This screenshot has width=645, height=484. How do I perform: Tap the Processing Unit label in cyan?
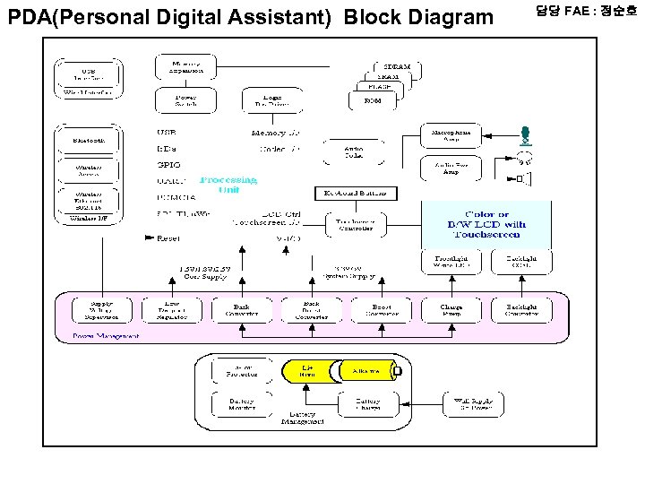pos(228,183)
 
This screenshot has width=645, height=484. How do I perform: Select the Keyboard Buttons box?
pos(356,194)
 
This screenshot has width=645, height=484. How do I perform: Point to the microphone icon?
pos(526,136)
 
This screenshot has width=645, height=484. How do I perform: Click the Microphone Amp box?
pos(453,136)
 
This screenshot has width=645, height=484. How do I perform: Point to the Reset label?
pos(168,238)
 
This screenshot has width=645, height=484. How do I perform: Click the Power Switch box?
pos(185,101)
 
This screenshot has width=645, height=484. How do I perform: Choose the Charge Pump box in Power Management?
pos(451,309)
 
